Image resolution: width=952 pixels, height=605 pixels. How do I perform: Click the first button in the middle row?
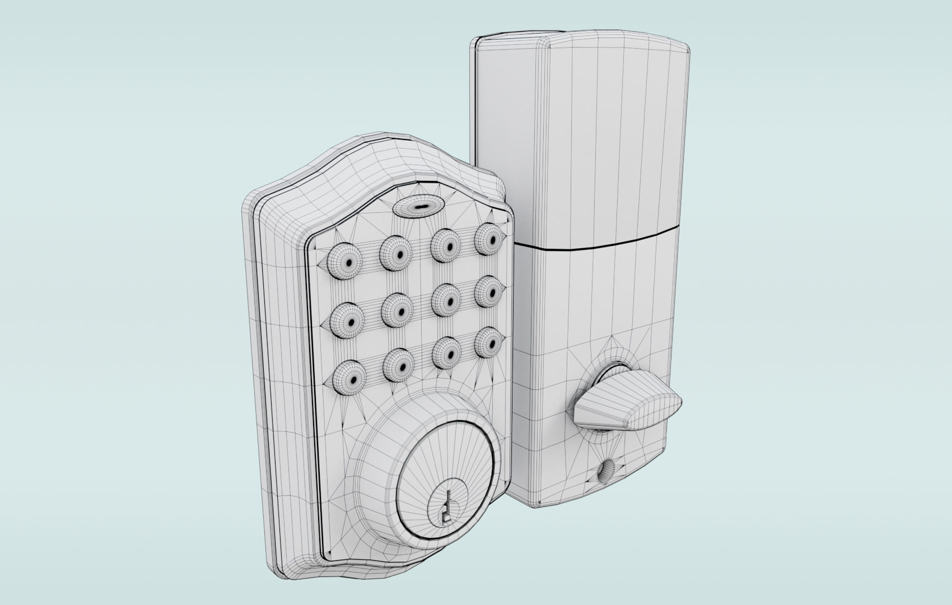tap(348, 322)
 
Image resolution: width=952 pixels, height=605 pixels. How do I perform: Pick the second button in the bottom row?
tap(400, 366)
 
